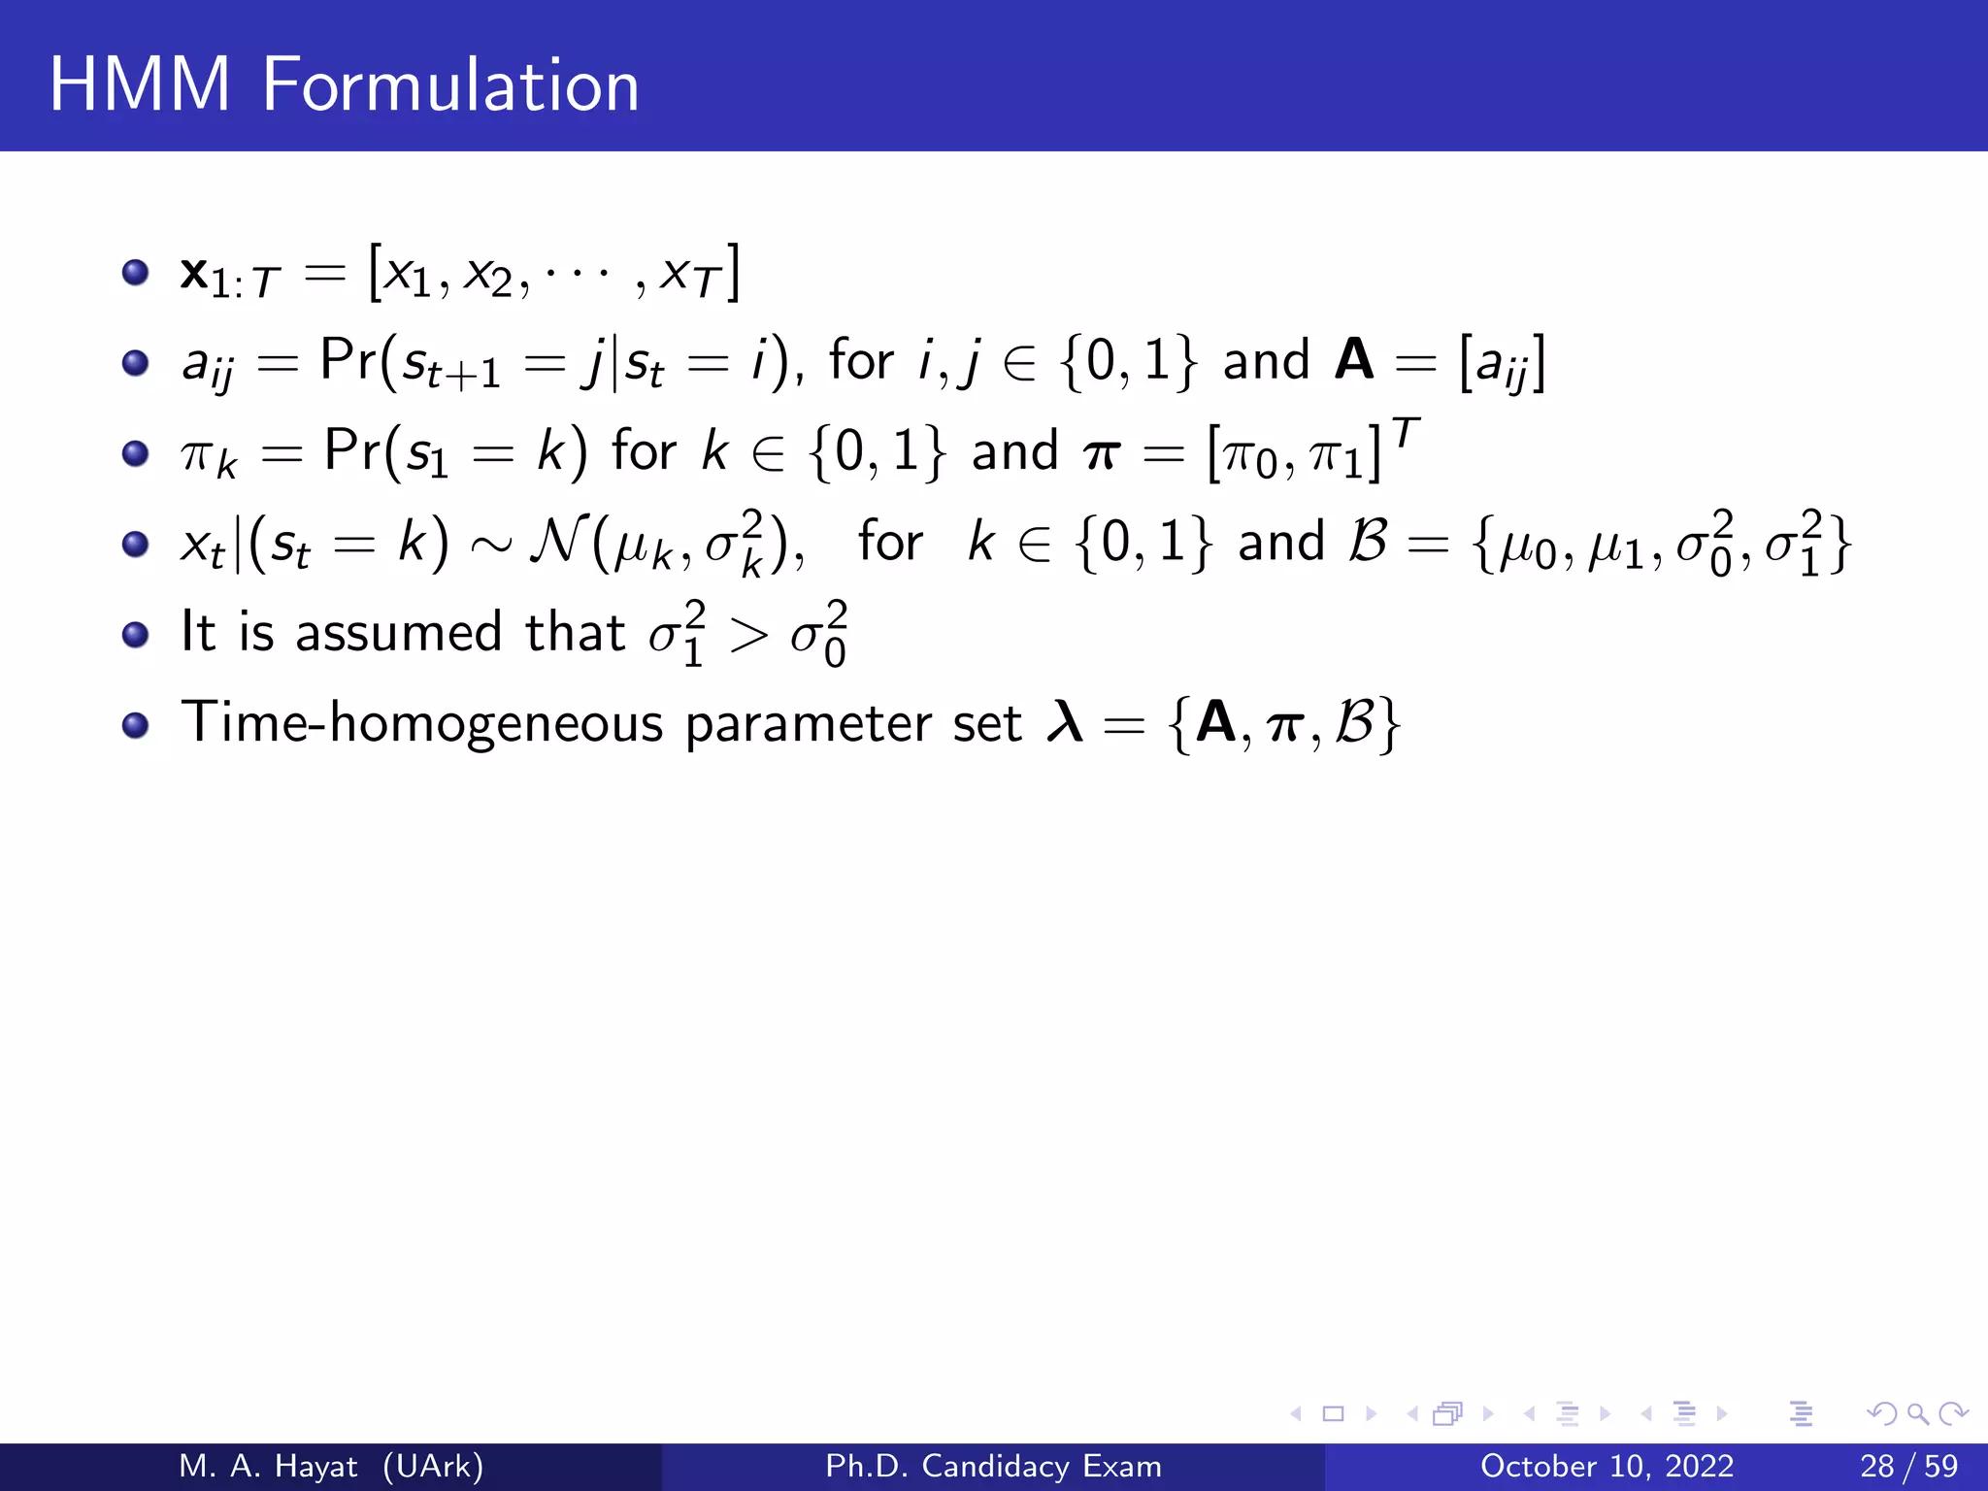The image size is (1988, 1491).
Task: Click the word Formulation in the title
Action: pos(450,85)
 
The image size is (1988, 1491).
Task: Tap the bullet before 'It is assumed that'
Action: pos(136,635)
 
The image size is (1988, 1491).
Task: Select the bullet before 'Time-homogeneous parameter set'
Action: pos(136,725)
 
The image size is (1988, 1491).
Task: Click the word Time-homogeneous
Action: pos(422,724)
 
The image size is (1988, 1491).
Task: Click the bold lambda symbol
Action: pos(1065,722)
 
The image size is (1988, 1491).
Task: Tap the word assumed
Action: pos(399,633)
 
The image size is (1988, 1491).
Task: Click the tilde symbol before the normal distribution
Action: pos(490,546)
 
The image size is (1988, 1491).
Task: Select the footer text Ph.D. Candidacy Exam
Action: pos(993,1466)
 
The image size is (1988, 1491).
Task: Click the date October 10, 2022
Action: pos(1607,1466)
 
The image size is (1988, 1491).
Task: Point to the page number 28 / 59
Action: pos(1908,1466)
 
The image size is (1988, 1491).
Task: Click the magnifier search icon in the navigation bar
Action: pos(1917,1414)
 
